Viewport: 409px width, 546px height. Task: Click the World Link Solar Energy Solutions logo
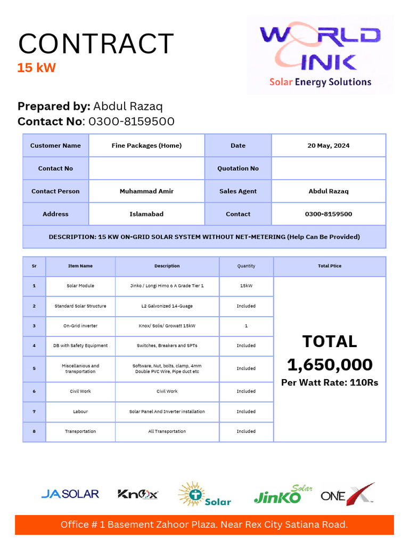[320, 55]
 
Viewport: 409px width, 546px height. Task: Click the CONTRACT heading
[96, 44]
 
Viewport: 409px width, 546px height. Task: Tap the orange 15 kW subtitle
[36, 68]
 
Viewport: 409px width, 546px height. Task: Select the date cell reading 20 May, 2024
[328, 146]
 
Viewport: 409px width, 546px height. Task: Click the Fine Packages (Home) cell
[146, 146]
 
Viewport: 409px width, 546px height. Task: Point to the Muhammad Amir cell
[146, 191]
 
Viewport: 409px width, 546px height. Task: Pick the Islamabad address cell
[146, 214]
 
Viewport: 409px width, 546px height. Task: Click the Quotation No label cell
[238, 168]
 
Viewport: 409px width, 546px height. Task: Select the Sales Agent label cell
[238, 191]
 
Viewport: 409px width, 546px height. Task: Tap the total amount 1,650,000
[330, 365]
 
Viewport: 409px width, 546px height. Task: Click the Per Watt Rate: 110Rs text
[330, 383]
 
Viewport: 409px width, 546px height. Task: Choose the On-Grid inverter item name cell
[80, 326]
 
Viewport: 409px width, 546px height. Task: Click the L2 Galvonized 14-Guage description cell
[167, 306]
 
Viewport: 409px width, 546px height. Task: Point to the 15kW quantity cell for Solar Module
[246, 286]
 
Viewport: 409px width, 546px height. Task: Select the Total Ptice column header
[329, 266]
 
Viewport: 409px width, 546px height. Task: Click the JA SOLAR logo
[70, 494]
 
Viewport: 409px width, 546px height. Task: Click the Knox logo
[138, 494]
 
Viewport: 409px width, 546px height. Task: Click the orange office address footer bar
[204, 525]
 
